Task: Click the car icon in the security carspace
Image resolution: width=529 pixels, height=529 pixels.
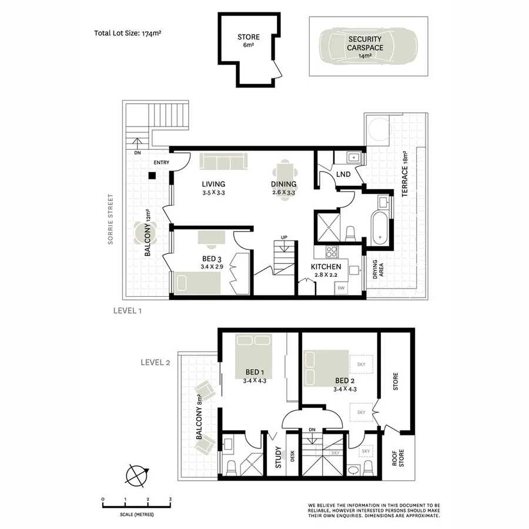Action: (x=368, y=46)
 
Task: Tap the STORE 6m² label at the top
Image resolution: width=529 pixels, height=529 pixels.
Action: (x=248, y=41)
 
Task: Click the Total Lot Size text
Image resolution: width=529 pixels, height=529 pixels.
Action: (x=128, y=34)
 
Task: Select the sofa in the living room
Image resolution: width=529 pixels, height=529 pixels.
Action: (x=223, y=161)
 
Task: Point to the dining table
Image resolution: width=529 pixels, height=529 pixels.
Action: (x=284, y=179)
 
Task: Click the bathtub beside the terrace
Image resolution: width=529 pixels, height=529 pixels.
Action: (x=379, y=229)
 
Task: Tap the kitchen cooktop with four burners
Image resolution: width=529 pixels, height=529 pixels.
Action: (x=332, y=252)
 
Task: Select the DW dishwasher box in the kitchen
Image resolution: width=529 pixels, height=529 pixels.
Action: (x=341, y=288)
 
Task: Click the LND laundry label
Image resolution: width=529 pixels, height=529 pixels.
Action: (x=343, y=175)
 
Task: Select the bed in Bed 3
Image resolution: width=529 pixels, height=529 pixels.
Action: (x=196, y=283)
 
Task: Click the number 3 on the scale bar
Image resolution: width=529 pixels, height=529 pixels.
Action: (x=170, y=499)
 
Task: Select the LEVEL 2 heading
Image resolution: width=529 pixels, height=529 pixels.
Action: (x=155, y=363)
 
